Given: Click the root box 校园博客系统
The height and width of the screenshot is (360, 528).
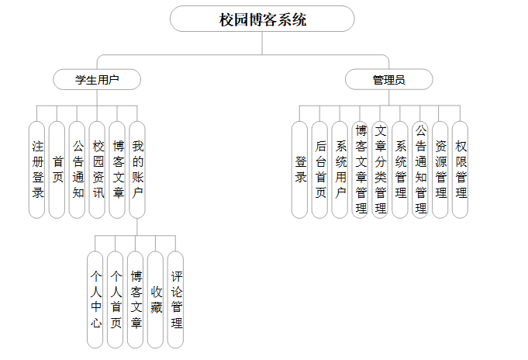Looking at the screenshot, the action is point(262,19).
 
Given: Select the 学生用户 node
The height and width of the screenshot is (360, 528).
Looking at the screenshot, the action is point(97,79).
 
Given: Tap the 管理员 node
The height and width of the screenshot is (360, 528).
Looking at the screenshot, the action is point(388,79).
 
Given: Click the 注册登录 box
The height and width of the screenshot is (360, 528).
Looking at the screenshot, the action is point(37,169).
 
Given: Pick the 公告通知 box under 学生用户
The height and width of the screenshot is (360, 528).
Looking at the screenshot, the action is point(78,169).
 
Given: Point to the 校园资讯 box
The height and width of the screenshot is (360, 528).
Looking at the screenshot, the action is point(98,169).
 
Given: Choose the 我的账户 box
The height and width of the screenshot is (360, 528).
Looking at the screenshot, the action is point(137,169).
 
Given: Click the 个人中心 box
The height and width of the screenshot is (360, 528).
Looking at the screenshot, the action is point(95,299).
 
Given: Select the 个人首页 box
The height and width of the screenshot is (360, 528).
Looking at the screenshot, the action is point(116,299).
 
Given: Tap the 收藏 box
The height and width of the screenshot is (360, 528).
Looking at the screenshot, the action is point(156,299).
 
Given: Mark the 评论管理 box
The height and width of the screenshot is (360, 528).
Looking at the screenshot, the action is point(176,299).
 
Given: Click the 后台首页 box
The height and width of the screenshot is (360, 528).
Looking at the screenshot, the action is point(320,169).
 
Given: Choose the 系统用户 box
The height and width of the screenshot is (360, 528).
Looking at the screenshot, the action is point(340,169).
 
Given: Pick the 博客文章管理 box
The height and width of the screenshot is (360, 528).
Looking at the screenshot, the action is point(361,169).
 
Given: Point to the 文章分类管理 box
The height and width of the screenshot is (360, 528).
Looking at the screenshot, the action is point(381,169).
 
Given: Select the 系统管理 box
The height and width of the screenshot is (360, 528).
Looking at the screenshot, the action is point(400,169).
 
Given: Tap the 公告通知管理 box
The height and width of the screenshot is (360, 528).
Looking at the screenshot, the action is point(420,169).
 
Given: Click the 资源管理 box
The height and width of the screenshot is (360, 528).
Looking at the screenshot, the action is point(440,169).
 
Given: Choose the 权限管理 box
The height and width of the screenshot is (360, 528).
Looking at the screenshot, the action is point(461,169).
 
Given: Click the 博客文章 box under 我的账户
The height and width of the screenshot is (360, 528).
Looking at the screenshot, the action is point(136,299).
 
